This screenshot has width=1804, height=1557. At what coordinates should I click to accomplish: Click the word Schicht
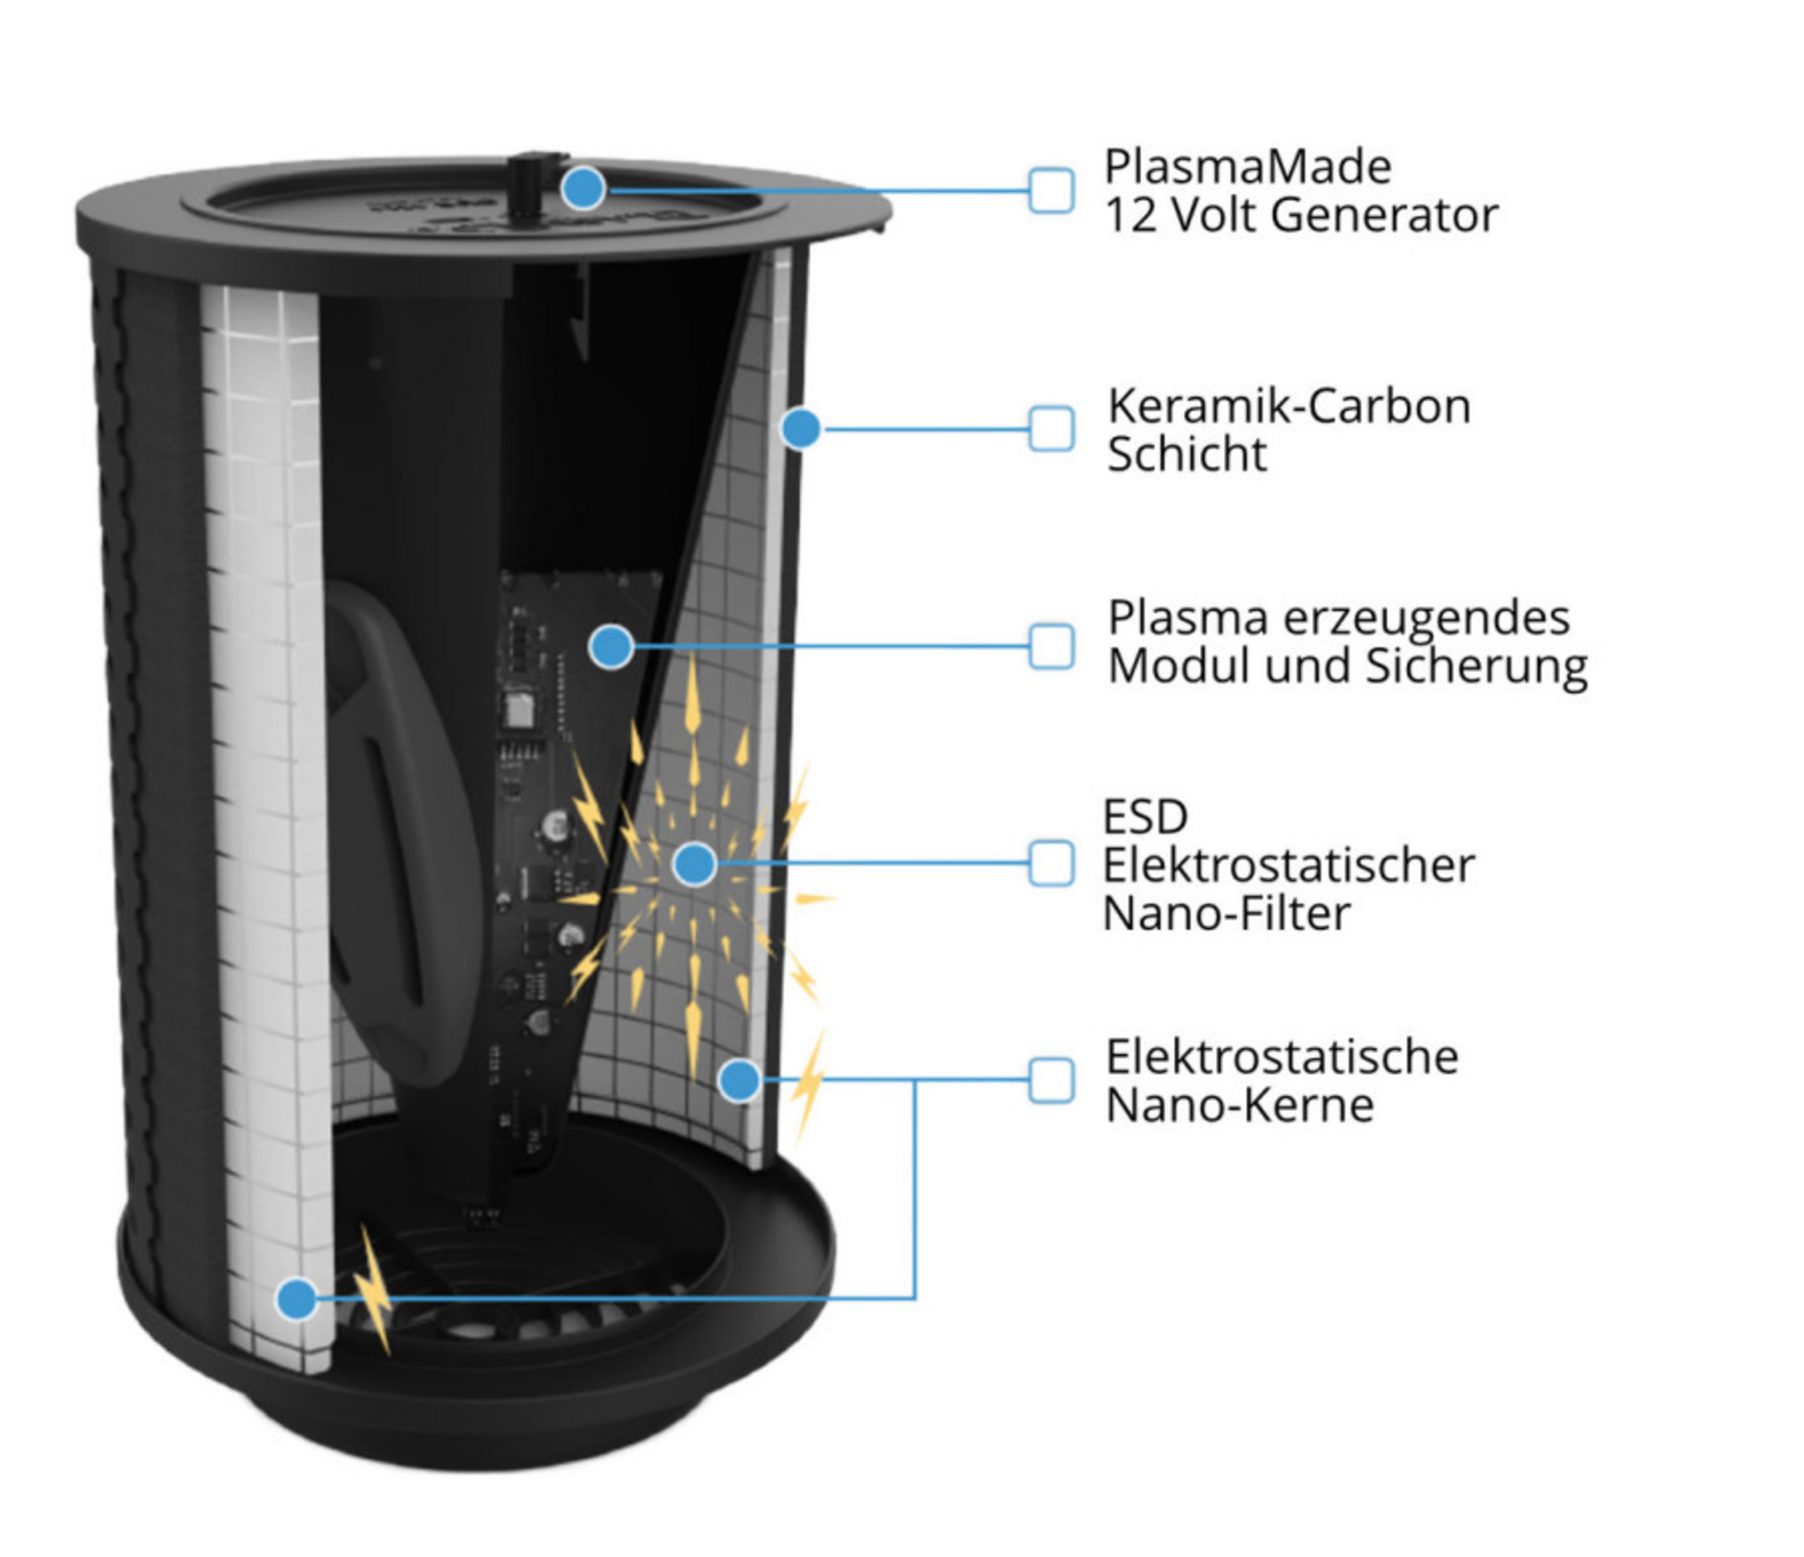point(1187,454)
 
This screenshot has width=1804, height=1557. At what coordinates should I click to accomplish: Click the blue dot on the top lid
point(583,188)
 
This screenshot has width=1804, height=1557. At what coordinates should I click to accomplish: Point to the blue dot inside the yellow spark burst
point(694,863)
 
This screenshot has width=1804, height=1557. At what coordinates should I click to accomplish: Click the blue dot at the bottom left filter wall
point(297,1299)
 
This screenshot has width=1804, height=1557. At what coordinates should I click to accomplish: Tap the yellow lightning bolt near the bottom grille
point(373,1290)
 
